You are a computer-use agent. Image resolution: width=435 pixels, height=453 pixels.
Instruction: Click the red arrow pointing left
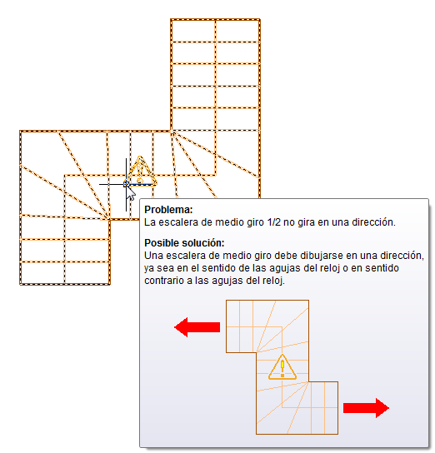coord(197,327)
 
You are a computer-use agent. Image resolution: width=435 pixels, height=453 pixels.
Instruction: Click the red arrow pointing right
coord(366,408)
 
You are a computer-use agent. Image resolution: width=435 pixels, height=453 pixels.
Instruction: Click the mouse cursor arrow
coord(131,193)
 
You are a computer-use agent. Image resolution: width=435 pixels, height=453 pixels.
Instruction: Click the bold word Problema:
coord(168,210)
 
